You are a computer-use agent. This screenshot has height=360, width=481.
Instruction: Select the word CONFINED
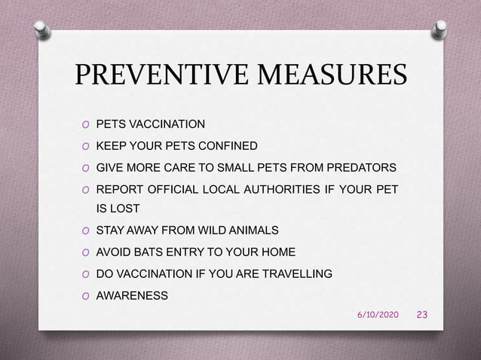pos(227,145)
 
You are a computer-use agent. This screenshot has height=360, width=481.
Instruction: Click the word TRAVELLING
pos(293,273)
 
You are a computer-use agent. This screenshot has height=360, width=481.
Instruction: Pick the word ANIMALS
pos(251,229)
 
